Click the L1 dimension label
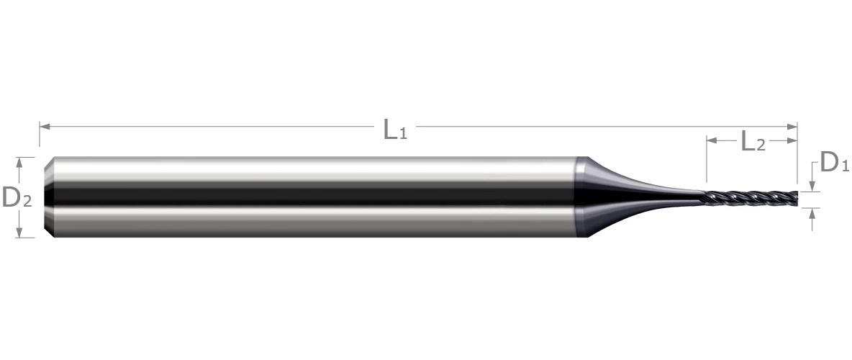coord(395,130)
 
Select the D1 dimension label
coord(834,162)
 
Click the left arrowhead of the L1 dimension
coord(45,127)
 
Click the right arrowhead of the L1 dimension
coord(792,127)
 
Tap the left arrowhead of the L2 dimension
coord(712,140)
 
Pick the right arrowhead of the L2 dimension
coord(792,140)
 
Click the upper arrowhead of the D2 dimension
coord(19,162)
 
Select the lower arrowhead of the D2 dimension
coord(19,233)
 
